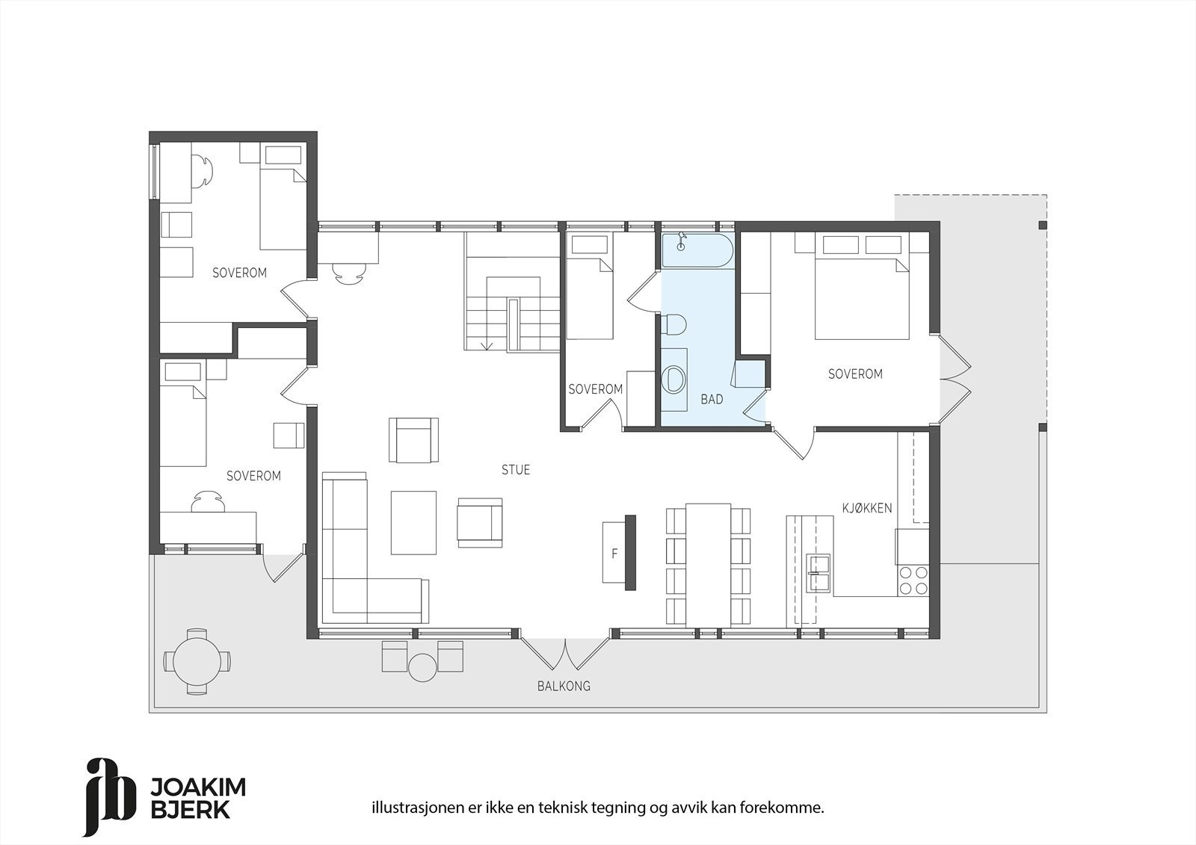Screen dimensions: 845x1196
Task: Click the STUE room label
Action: (516, 470)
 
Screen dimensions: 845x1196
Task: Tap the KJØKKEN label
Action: (866, 508)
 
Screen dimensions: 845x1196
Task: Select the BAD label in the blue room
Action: (712, 400)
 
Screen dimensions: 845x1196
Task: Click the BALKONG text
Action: (564, 686)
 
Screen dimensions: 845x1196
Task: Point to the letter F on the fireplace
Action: (614, 554)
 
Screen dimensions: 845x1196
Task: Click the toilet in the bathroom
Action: (674, 324)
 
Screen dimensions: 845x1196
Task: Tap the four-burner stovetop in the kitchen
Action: (912, 581)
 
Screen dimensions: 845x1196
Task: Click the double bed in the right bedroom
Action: (861, 291)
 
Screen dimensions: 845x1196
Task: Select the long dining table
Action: (709, 564)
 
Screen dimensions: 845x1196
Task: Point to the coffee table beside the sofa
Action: (413, 522)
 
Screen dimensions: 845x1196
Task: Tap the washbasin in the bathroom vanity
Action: (676, 379)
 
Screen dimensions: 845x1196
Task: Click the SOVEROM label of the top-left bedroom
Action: (239, 273)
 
